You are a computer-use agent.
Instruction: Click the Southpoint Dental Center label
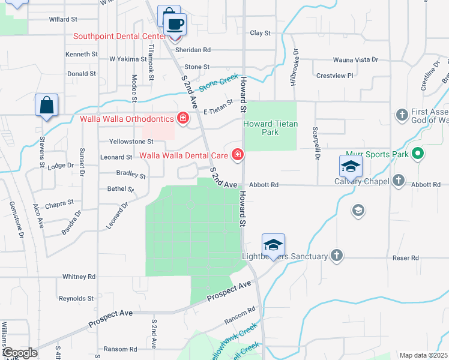[x=119, y=36]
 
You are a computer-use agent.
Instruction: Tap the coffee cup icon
[x=175, y=25]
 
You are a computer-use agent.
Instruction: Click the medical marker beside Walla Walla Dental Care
[x=238, y=155]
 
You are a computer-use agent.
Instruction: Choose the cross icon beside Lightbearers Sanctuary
[x=337, y=256]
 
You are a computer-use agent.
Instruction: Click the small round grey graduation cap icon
[x=358, y=209]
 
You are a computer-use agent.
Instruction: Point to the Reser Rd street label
[x=406, y=258]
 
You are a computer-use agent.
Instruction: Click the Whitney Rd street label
[x=79, y=277]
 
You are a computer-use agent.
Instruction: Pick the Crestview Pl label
[x=334, y=76]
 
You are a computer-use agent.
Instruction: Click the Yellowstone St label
[x=131, y=142]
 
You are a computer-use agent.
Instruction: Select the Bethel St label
[x=121, y=189]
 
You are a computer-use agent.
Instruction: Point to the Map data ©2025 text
[x=423, y=355]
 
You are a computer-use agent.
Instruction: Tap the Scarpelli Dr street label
[x=315, y=144]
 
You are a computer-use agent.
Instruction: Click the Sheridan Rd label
[x=198, y=50]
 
